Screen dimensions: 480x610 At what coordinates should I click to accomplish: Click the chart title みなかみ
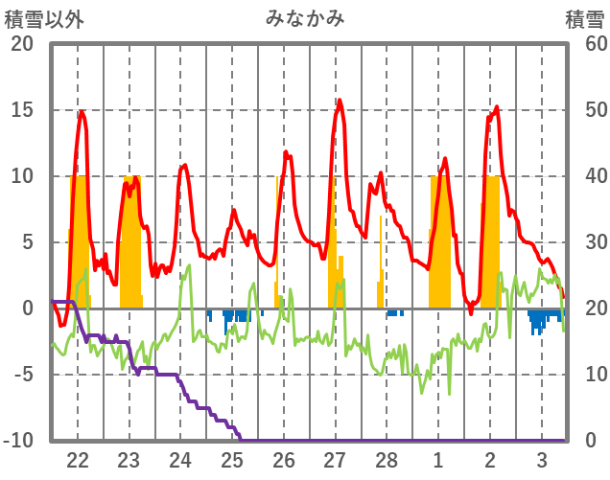click(304, 18)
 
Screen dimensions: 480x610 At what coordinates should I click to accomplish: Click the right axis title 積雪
click(584, 18)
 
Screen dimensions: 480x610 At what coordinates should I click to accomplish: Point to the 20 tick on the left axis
click(22, 44)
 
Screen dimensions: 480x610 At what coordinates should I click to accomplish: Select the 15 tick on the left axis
click(22, 110)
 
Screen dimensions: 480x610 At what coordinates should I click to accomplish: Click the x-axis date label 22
click(78, 459)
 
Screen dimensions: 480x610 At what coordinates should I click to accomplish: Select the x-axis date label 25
click(232, 459)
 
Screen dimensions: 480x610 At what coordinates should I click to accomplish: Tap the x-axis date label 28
click(387, 459)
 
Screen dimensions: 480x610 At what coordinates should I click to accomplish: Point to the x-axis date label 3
click(542, 459)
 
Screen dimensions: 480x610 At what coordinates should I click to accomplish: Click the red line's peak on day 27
click(339, 100)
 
